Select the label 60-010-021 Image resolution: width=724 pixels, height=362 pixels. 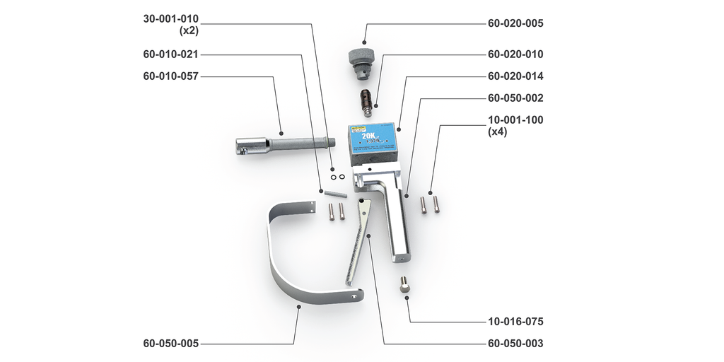click(x=170, y=54)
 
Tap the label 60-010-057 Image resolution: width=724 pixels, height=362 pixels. click(x=170, y=76)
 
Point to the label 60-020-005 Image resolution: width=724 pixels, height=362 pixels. click(x=515, y=23)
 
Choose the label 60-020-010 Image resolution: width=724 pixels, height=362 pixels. click(x=515, y=54)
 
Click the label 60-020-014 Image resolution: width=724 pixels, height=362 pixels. click(x=515, y=76)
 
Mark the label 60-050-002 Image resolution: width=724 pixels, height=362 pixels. click(x=515, y=98)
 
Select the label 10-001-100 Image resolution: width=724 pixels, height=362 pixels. click(x=515, y=119)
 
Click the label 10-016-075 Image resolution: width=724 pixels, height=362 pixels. click(x=515, y=322)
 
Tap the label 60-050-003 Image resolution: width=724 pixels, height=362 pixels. click(x=515, y=344)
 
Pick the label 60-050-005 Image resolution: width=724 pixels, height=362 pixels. click(x=170, y=344)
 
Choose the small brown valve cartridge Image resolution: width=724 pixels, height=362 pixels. click(x=367, y=102)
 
